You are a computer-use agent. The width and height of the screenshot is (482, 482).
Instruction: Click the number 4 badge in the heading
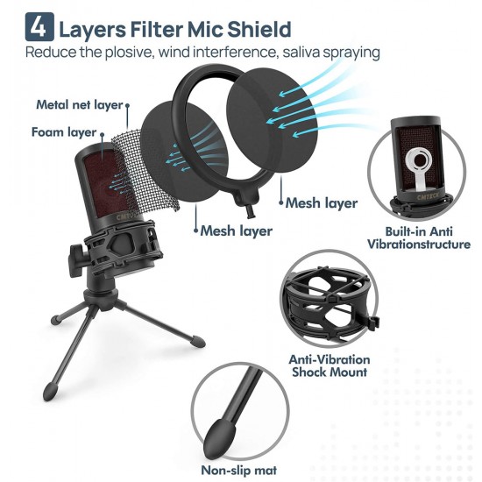click(x=39, y=27)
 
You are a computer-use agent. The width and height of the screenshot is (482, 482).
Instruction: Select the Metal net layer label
click(x=80, y=105)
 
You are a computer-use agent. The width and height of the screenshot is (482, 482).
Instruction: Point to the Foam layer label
click(x=64, y=132)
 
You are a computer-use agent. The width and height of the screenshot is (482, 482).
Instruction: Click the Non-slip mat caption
click(x=239, y=471)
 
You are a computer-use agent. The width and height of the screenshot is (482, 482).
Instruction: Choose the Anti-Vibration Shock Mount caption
click(x=330, y=365)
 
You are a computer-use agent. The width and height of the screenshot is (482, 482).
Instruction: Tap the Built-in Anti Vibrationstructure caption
click(x=419, y=237)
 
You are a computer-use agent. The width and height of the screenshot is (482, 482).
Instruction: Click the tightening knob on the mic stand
click(x=78, y=254)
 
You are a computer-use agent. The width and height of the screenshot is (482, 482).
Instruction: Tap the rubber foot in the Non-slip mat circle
click(x=219, y=436)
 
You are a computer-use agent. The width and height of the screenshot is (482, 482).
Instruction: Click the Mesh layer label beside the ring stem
click(x=322, y=203)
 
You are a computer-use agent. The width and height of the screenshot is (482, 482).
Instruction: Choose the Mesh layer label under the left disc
click(x=236, y=230)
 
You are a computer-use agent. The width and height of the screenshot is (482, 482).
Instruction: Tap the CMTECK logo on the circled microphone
click(x=429, y=196)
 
